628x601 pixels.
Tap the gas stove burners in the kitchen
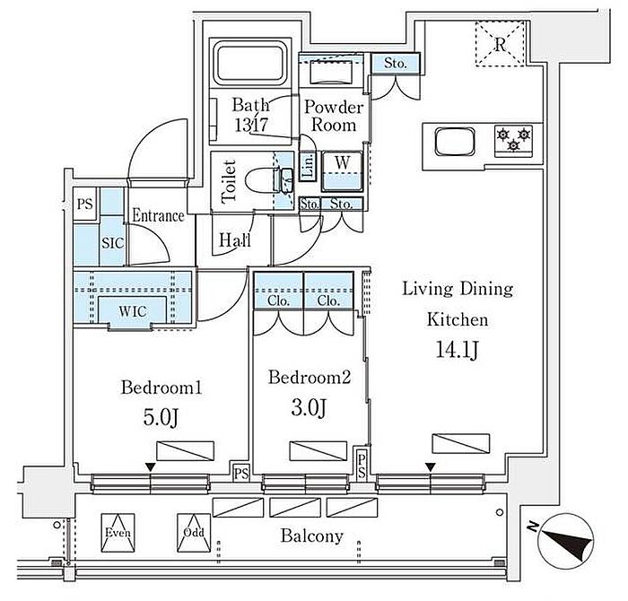click(x=513, y=138)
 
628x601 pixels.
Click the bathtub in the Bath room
click(x=249, y=65)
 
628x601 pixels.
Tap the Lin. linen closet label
click(x=308, y=166)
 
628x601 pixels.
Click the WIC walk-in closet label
click(x=132, y=311)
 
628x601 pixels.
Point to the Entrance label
click(x=158, y=216)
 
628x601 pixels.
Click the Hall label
click(x=232, y=240)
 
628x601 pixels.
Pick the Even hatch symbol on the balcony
click(x=118, y=534)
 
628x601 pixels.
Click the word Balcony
click(x=311, y=536)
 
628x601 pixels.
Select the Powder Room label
click(x=335, y=117)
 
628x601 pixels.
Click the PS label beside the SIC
click(x=85, y=203)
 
